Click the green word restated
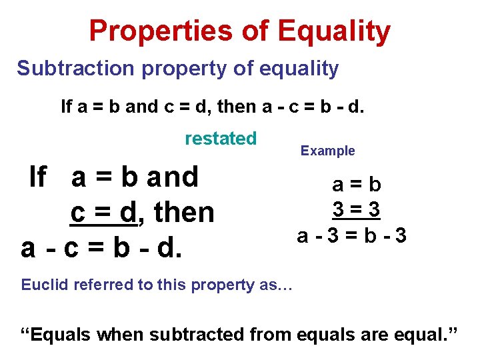point(221,139)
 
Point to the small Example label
point(327,151)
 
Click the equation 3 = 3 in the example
point(357,209)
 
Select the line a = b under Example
point(357,184)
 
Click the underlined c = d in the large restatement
point(103,213)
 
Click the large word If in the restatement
point(38,177)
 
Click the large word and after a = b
point(173,177)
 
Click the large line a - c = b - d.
point(101,247)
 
